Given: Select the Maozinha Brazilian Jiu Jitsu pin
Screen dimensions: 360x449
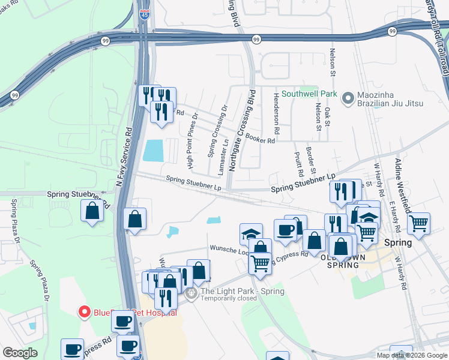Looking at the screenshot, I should coord(347,98).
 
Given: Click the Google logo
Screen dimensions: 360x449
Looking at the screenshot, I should coord(20,353).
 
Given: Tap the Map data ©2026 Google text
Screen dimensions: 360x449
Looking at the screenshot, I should coord(412,355).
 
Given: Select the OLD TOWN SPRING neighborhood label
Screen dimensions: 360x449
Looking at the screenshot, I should coord(343,261).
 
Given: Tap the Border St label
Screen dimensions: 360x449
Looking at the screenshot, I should coord(309,158).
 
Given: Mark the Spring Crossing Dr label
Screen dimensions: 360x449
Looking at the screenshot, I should coord(211,132).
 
